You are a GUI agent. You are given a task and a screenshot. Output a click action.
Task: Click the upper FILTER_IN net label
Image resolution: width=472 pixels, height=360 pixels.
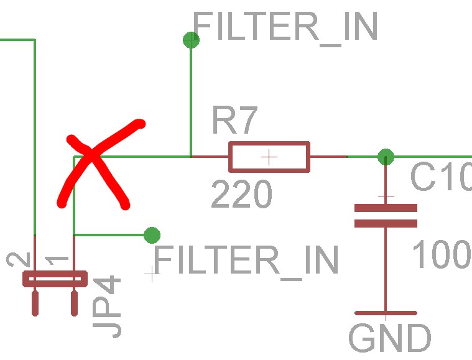click(285, 28)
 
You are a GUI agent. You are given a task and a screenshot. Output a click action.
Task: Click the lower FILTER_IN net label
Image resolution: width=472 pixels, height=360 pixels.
click(246, 261)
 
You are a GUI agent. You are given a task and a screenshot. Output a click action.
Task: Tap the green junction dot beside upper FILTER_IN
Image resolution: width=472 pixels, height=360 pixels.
click(191, 40)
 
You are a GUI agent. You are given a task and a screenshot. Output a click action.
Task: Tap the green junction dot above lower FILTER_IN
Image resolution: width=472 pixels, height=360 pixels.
click(152, 235)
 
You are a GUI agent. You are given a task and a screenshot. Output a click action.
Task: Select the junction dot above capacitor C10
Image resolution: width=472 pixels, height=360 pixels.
click(386, 157)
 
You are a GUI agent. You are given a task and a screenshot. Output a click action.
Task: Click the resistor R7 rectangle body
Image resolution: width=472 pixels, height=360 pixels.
click(269, 157)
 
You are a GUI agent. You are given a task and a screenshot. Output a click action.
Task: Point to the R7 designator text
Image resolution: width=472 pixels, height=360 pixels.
click(235, 120)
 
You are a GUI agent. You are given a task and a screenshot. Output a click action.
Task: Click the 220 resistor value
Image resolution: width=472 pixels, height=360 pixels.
click(242, 193)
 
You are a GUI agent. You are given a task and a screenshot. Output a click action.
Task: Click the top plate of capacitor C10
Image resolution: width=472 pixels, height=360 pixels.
click(386, 208)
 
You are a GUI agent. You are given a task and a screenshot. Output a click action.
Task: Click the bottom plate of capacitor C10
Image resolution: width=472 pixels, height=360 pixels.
click(386, 223)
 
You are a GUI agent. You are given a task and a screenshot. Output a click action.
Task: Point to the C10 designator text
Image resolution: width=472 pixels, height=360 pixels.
click(441, 177)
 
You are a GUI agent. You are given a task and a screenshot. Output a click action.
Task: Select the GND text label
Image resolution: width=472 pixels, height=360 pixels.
click(390, 338)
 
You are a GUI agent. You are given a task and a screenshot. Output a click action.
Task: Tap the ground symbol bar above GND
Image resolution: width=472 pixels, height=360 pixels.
click(386, 313)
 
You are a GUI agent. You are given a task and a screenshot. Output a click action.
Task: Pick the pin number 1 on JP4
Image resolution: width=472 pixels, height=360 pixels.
click(57, 260)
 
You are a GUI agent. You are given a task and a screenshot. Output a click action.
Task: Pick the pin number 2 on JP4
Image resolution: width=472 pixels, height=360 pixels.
click(19, 259)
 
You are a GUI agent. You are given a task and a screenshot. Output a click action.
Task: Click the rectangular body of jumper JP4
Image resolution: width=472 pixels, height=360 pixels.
click(55, 279)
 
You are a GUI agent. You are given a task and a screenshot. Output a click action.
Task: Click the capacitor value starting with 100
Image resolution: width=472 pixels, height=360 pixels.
click(442, 254)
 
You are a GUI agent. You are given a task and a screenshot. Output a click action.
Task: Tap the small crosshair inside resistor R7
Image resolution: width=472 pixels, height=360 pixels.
click(269, 157)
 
